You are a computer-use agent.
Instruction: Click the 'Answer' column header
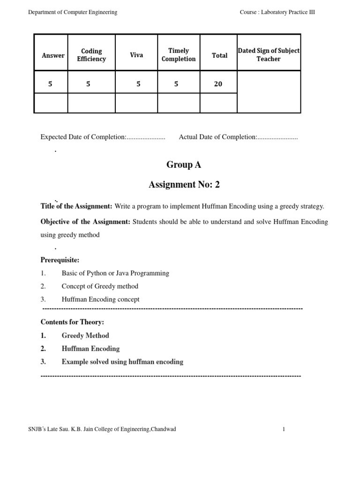[x=53, y=55]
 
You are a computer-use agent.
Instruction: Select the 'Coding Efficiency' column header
[x=91, y=55]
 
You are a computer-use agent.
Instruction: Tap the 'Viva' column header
[x=136, y=55]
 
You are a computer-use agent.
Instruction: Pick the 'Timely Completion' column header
[x=179, y=55]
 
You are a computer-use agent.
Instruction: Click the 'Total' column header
[x=219, y=55]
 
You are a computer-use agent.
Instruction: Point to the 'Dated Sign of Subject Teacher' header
[x=269, y=55]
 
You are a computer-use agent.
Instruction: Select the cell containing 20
[x=218, y=84]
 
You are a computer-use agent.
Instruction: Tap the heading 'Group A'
[x=180, y=165]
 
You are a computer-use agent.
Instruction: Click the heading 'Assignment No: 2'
[x=184, y=185]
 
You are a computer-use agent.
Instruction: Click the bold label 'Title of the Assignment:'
[x=76, y=207]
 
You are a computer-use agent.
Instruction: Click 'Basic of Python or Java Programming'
[x=115, y=273]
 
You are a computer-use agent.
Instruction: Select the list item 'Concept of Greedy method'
[x=100, y=286]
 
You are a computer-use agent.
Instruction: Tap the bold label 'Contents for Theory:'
[x=72, y=322]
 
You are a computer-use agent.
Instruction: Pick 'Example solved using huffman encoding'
[x=122, y=362]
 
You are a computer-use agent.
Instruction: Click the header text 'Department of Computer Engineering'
[x=73, y=12]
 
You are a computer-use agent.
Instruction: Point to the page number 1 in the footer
[x=284, y=429]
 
